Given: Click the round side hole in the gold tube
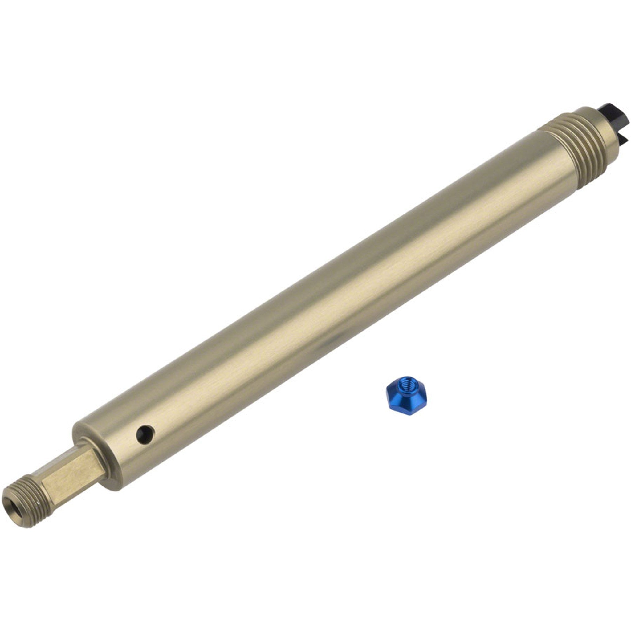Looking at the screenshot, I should coord(145,434).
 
